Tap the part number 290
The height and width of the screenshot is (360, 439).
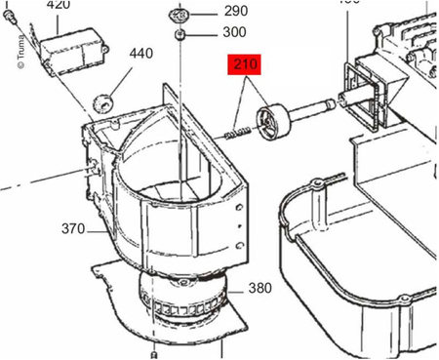coord(236,13)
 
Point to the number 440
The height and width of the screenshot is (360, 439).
coord(140,53)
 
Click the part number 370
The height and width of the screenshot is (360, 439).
coord(73,230)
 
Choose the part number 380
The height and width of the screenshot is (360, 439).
coord(259,288)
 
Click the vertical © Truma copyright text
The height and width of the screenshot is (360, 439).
coord(20,52)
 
